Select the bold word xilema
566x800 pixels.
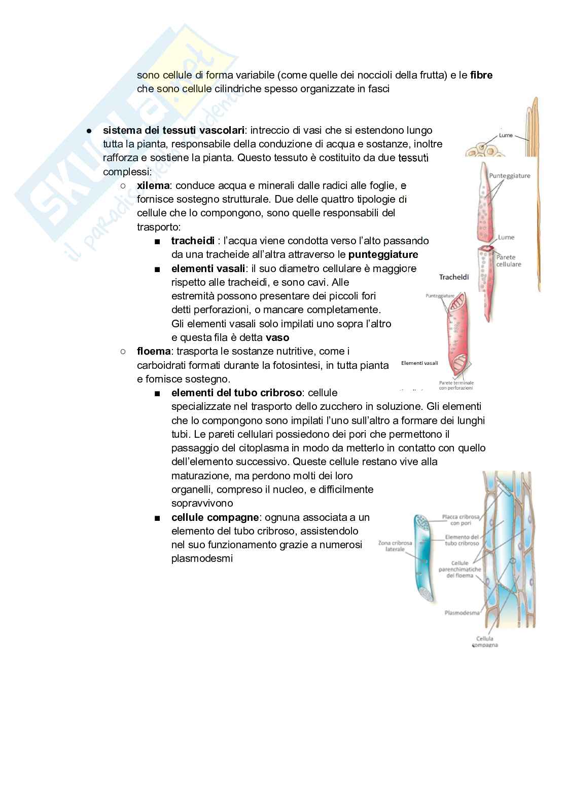(155, 186)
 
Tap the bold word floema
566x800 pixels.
(154, 351)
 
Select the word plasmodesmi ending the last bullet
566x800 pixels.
(202, 559)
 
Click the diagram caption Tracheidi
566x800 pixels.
(453, 277)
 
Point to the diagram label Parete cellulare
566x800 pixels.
(508, 260)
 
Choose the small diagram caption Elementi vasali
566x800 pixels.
(419, 363)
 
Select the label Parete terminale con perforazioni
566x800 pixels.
(456, 385)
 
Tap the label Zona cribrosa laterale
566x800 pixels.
(395, 546)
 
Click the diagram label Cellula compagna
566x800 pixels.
(487, 642)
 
